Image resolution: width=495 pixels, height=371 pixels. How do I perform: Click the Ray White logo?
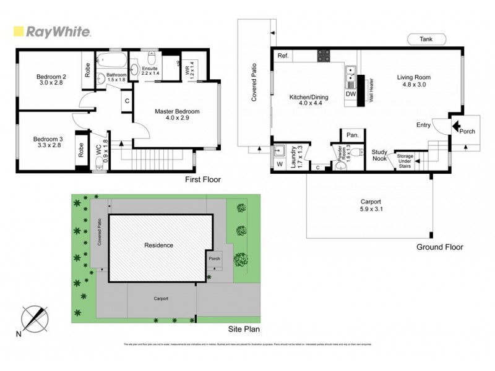tap(52, 32)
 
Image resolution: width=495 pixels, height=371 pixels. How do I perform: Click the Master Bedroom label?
tap(178, 115)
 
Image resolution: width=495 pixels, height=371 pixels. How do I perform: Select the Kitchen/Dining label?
tap(309, 101)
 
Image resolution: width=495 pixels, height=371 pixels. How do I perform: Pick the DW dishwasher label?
tap(350, 94)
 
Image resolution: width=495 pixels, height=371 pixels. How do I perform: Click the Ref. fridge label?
tap(283, 56)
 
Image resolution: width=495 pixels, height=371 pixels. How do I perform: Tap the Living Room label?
tap(413, 81)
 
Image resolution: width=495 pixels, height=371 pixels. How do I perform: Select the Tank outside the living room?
tap(426, 39)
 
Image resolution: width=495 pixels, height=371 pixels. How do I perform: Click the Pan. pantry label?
tap(353, 135)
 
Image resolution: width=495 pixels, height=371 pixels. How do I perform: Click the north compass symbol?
tap(35, 320)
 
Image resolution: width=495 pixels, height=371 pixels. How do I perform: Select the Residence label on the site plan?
tap(158, 245)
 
